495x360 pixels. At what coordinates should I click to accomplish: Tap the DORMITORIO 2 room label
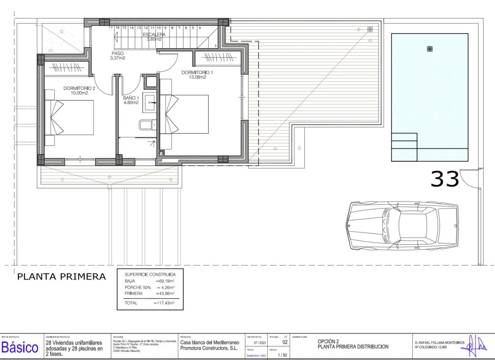79,90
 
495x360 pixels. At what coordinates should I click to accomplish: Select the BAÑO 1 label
131,100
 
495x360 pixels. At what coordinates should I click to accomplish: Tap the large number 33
445,179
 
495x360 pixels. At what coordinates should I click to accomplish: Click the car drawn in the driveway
402,224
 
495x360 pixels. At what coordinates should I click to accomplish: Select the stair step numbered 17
111,28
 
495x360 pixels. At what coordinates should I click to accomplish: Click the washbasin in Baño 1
150,100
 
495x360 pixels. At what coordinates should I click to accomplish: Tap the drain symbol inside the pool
430,49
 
